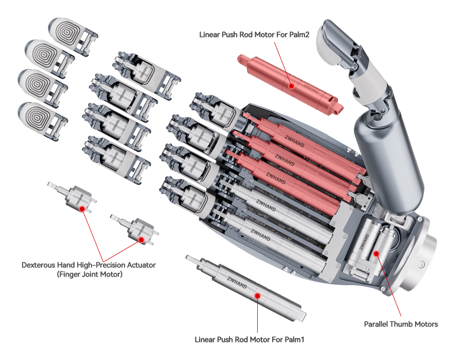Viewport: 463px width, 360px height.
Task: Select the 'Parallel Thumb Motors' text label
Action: coord(401,324)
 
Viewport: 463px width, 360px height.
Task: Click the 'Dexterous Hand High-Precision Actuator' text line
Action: coord(88,265)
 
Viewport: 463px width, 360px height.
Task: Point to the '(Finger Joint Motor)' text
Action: coord(88,275)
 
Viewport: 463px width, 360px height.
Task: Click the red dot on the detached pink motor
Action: coord(291,85)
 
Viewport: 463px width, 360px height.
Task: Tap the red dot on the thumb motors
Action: coord(377,253)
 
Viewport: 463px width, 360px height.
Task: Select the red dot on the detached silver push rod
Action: coord(257,295)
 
